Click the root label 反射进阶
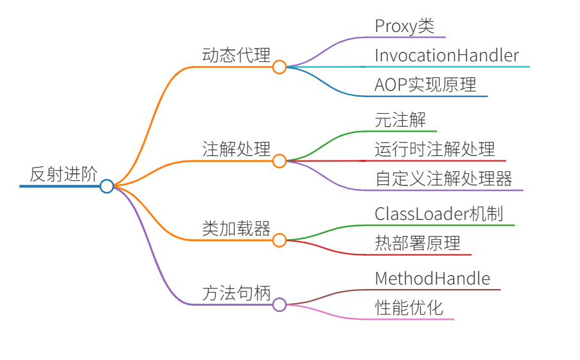(x=63, y=174)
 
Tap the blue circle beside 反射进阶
(x=107, y=186)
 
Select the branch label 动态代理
(x=236, y=55)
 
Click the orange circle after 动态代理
(x=279, y=67)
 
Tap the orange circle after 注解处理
(x=279, y=161)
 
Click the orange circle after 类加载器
(x=279, y=240)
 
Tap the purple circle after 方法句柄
(x=279, y=305)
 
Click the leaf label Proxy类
(x=404, y=26)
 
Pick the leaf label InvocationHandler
(x=446, y=56)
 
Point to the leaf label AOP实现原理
(x=425, y=85)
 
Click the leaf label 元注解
(x=400, y=120)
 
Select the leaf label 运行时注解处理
(x=435, y=150)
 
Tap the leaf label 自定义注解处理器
(x=443, y=179)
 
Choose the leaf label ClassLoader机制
(x=439, y=214)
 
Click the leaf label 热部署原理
(x=417, y=244)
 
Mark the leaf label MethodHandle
(x=432, y=279)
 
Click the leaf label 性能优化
(x=409, y=308)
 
